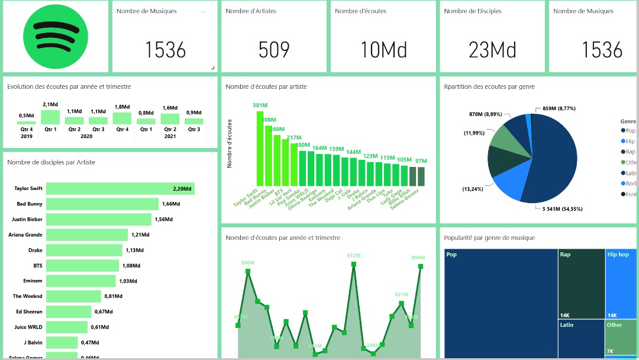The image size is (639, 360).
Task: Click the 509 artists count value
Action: coord(274,50)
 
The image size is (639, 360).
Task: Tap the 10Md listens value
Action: coord(384,50)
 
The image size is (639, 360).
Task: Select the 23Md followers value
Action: coord(492,50)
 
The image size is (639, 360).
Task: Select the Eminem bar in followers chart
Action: coord(81,281)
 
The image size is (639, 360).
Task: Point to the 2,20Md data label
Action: coord(182,189)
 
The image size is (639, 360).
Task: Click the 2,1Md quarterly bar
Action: coord(50,117)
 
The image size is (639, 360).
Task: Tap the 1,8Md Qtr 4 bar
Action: coord(122,118)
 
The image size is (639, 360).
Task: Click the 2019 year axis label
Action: coord(26,136)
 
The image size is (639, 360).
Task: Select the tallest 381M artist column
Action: coord(260,149)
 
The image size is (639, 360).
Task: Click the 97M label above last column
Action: coord(421,161)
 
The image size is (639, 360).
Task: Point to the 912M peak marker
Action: coord(354,265)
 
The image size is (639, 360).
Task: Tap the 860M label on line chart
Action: coord(248,262)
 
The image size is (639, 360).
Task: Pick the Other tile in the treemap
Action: coord(621,337)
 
